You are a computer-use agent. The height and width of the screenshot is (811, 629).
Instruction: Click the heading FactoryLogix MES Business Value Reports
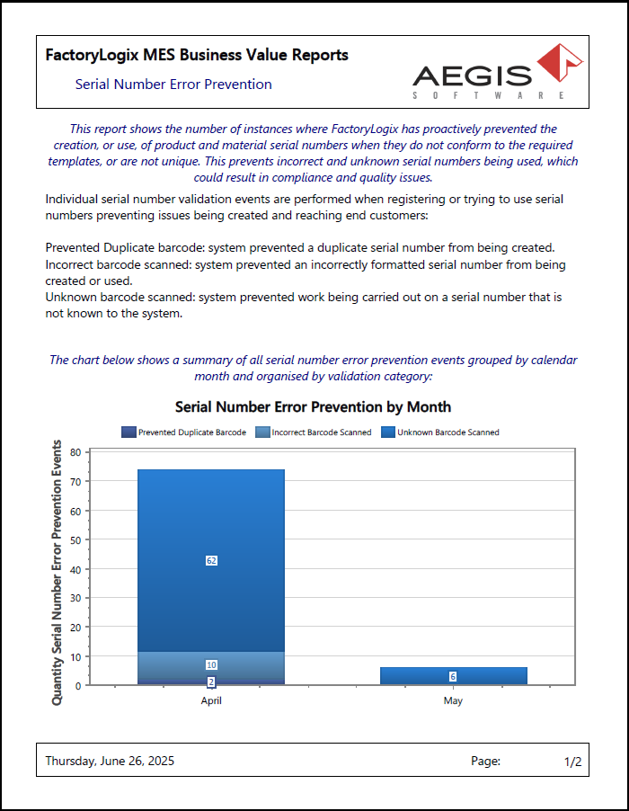tap(197, 56)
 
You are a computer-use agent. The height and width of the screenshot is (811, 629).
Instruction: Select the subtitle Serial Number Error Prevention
tap(173, 85)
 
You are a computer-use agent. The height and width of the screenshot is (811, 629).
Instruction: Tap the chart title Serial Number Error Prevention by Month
tap(313, 407)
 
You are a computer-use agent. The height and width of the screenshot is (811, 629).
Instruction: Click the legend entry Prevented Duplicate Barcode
tap(184, 432)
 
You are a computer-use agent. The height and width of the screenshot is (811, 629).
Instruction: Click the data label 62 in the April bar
tap(211, 560)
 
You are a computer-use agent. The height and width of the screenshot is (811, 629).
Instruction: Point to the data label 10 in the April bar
tap(211, 664)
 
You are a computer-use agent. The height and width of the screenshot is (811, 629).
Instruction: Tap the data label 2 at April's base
tap(211, 682)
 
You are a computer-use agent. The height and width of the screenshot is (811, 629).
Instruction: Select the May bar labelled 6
tap(453, 676)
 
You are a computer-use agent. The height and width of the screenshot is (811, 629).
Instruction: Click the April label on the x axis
tap(211, 700)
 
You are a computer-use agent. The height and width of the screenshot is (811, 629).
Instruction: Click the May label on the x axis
tap(453, 700)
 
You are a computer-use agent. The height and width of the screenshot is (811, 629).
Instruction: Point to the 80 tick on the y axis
tap(75, 453)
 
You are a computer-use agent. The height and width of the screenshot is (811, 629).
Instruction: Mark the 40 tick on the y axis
tap(75, 569)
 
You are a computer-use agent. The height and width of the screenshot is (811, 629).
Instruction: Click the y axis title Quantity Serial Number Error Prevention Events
tap(58, 572)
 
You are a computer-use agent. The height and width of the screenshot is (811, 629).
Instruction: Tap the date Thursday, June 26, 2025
tap(110, 762)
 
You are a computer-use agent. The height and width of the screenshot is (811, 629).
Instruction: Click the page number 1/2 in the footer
tap(572, 762)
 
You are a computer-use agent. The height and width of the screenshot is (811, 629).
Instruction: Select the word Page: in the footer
tap(485, 762)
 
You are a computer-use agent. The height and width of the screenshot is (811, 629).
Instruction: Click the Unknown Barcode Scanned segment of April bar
tap(211, 521)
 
